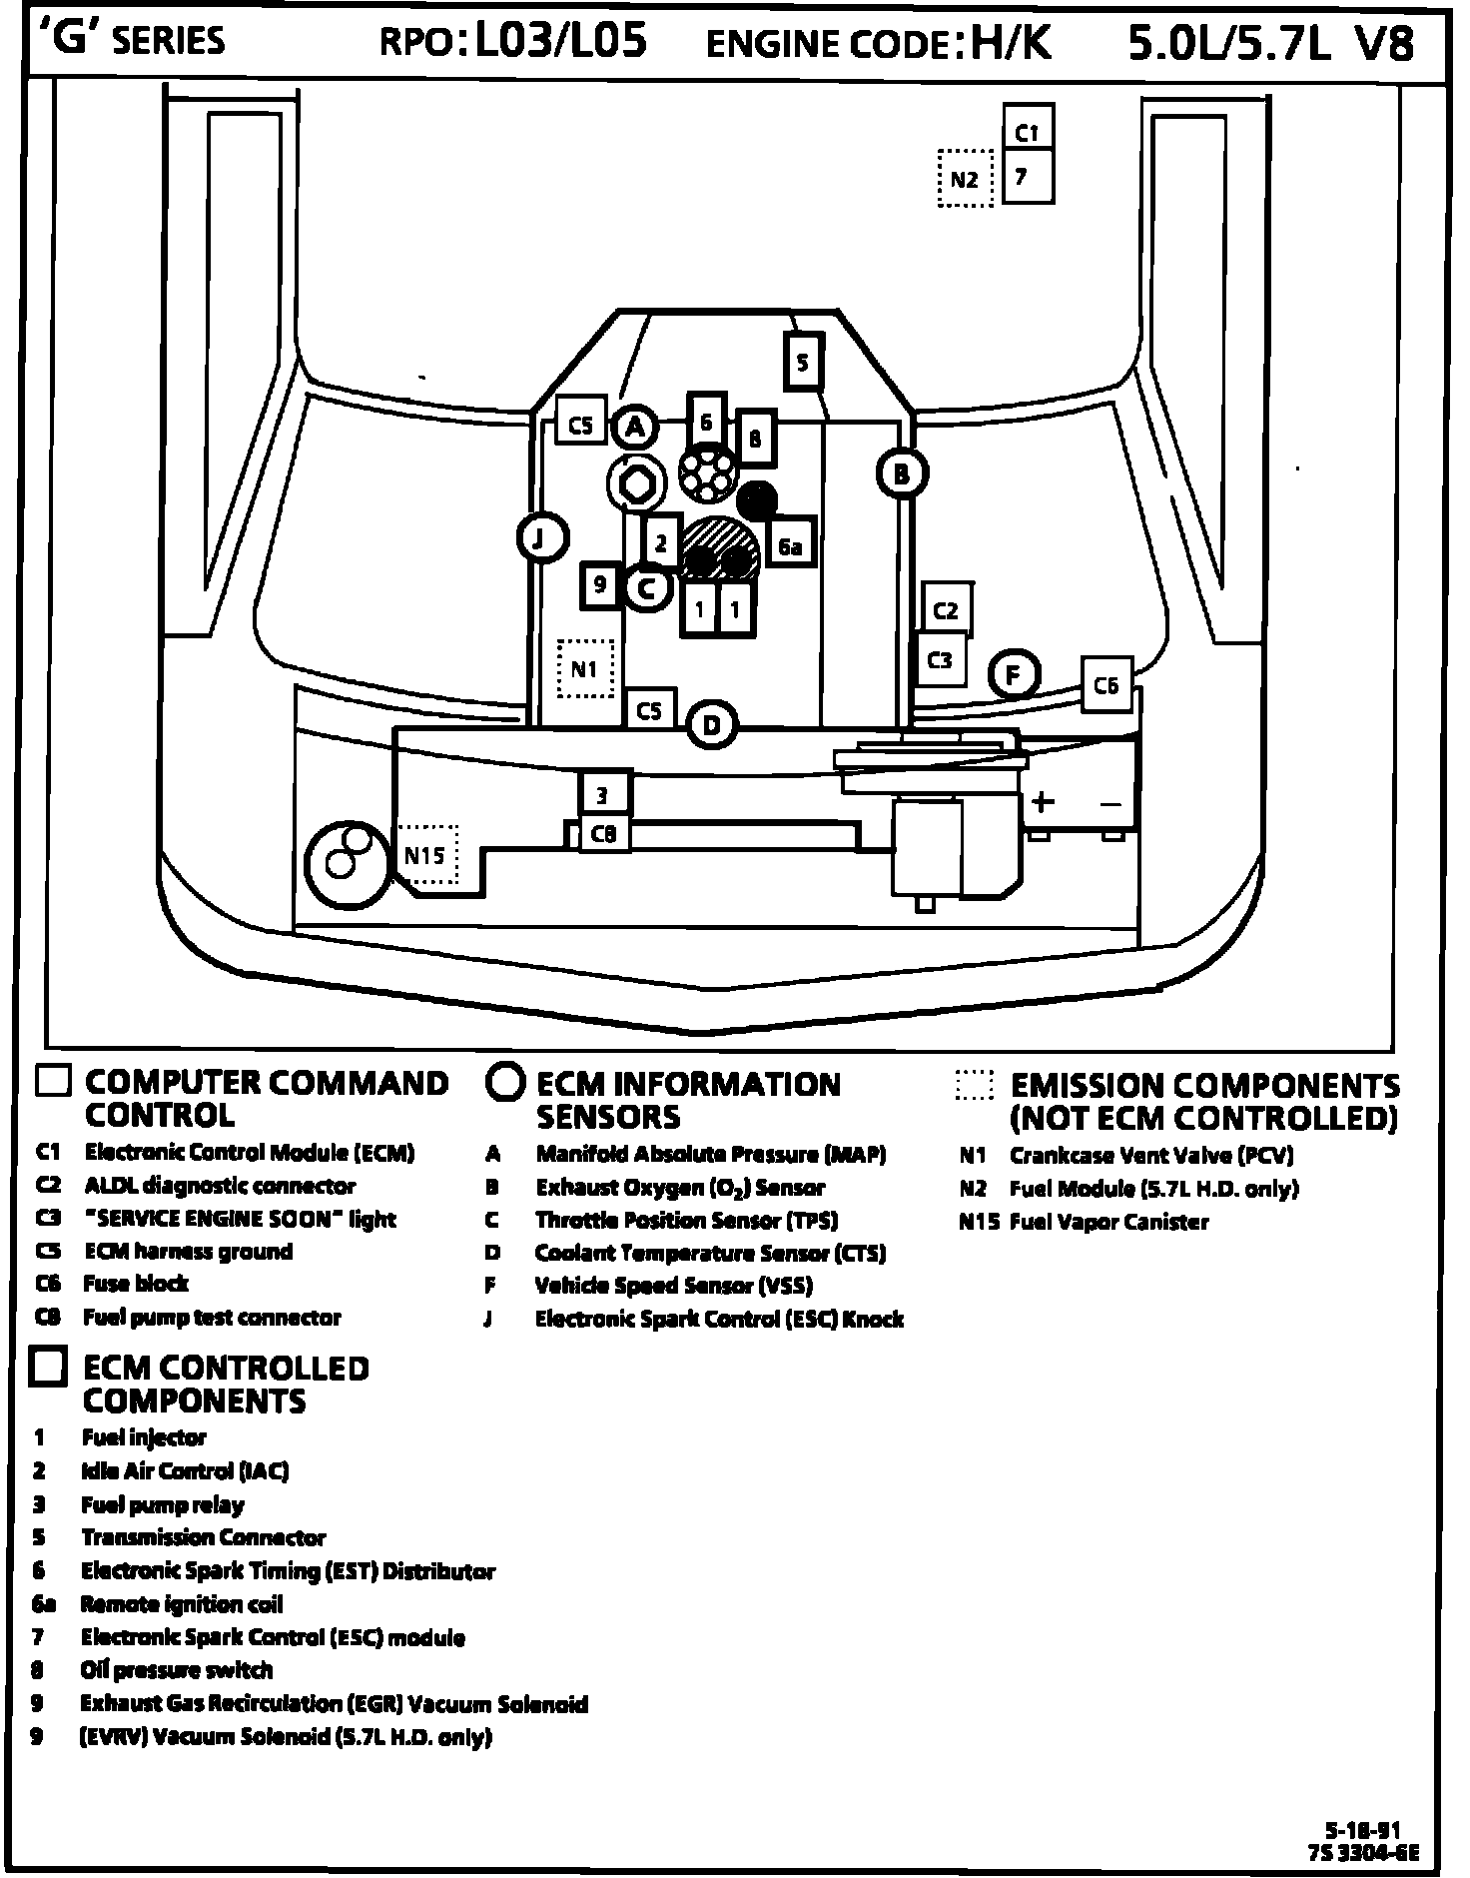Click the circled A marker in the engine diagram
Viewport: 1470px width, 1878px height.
click(x=635, y=429)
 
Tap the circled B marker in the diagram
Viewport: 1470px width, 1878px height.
click(x=902, y=473)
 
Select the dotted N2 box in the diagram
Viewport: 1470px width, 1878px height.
click(x=965, y=179)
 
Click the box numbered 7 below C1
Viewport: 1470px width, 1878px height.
click(x=1028, y=177)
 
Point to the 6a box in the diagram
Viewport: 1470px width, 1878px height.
click(x=790, y=546)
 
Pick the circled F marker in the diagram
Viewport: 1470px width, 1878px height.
click(x=1014, y=674)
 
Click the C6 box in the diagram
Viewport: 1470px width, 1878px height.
click(x=1106, y=685)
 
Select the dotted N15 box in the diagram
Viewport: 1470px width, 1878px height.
click(x=427, y=855)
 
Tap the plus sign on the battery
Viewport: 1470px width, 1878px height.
click(x=1042, y=802)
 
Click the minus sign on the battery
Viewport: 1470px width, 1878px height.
click(x=1110, y=804)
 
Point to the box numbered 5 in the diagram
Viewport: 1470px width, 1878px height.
click(x=803, y=363)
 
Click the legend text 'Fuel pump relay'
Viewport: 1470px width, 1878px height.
click(x=163, y=1504)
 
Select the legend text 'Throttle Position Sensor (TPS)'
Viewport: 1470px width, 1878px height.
click(x=686, y=1220)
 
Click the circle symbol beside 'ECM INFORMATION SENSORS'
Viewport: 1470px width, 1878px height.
click(x=506, y=1083)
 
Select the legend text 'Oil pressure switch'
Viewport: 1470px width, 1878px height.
click(x=176, y=1670)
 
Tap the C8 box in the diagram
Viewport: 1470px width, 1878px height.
click(x=604, y=833)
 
